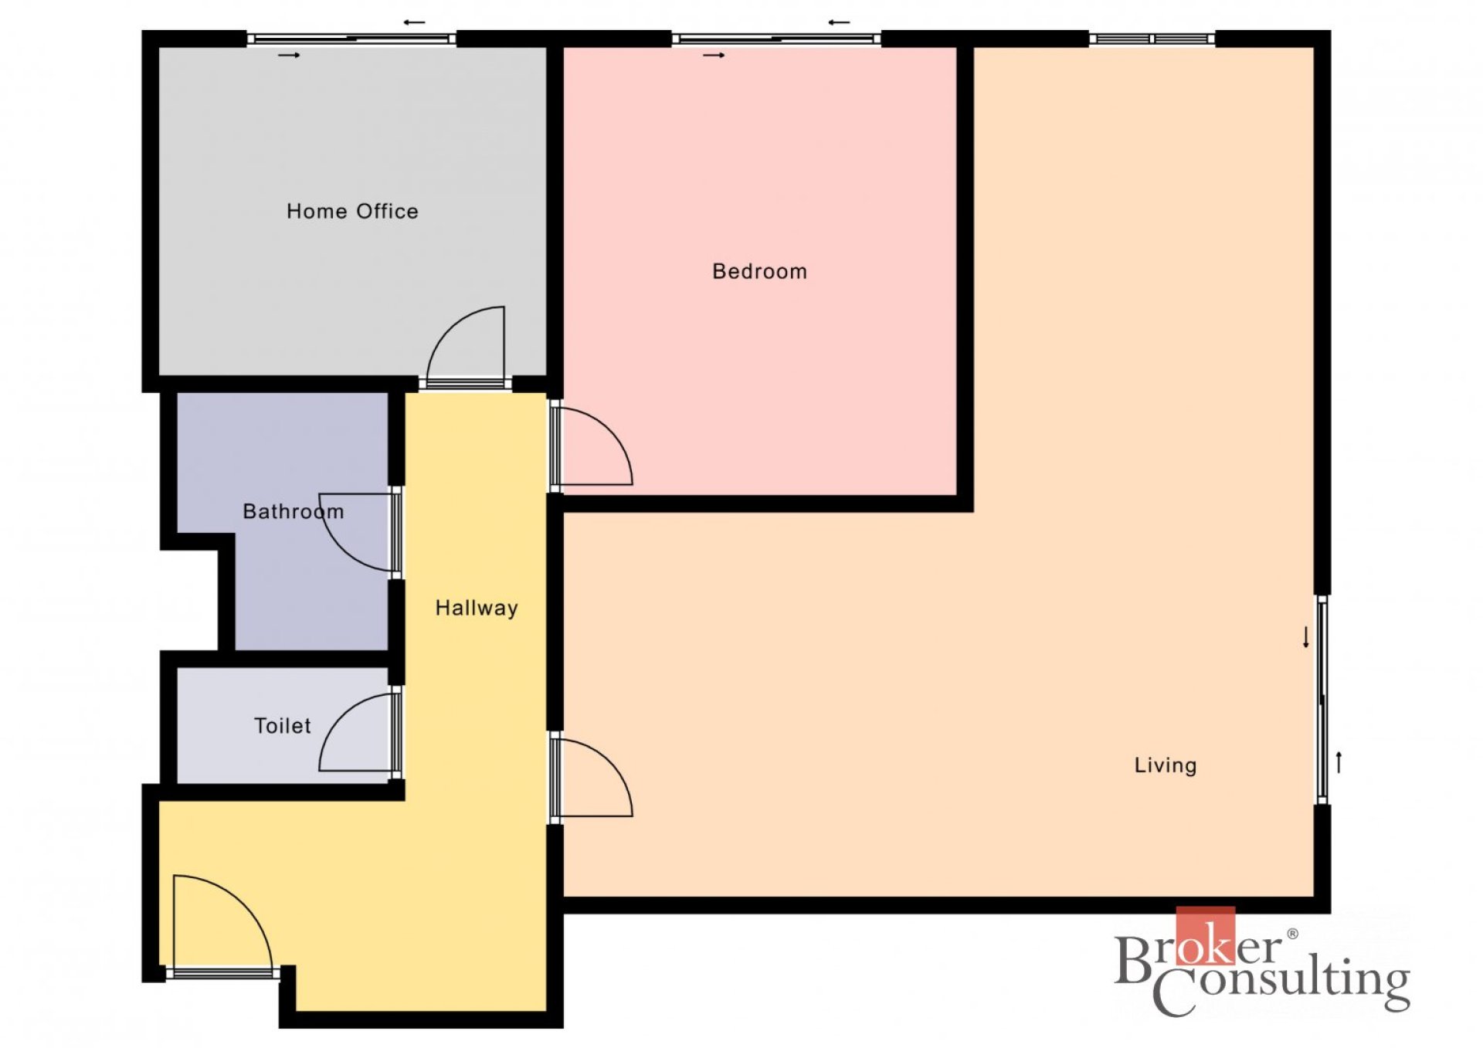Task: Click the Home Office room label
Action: coord(352,211)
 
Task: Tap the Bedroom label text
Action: coord(759,271)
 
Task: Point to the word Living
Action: coord(1165,765)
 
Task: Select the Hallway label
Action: coord(477,608)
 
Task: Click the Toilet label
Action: coord(283,726)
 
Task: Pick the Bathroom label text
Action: coord(293,511)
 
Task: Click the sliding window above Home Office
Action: coord(351,38)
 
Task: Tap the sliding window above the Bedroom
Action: coord(775,38)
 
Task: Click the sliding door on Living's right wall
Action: coord(1322,700)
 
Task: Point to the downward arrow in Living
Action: coord(1306,637)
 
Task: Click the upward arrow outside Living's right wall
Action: coord(1339,762)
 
